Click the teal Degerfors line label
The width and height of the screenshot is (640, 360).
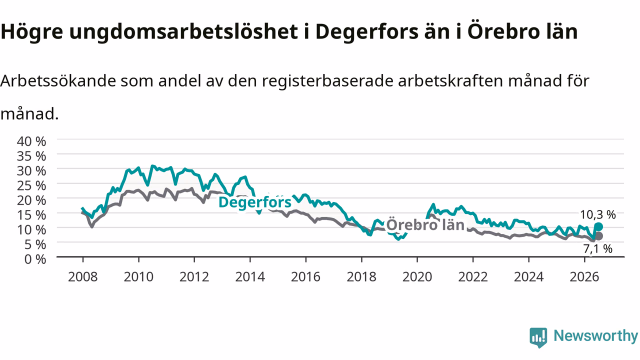coord(255,202)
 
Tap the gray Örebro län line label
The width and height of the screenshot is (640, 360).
coord(425,225)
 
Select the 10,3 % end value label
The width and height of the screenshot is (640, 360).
coord(597,214)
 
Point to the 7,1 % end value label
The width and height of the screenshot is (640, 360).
coord(597,249)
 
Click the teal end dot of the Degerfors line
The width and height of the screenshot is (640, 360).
coord(598,227)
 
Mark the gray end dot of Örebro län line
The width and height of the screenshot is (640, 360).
coord(598,236)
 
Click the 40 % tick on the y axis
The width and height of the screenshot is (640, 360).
coord(31,141)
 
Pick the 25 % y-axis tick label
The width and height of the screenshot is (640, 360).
coord(31,185)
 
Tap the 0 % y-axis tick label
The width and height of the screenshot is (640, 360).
coord(35,259)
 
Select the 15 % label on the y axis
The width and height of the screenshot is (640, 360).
coord(31,215)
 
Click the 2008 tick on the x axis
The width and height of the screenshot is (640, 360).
coord(83,277)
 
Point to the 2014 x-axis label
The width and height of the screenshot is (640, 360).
coord(250,277)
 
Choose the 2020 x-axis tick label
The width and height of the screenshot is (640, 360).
coord(417,277)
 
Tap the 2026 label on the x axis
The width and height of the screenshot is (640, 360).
coord(584,277)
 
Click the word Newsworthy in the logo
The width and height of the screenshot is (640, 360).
coord(595,336)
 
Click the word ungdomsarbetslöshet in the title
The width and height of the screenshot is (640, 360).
coord(183,32)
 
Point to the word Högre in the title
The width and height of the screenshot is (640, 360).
coord(31,32)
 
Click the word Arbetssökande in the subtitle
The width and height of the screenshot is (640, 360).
coord(58,81)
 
